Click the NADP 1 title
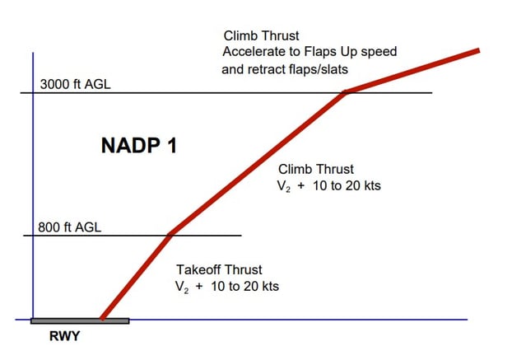click(138, 146)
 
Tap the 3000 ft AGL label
click(75, 85)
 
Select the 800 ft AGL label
click(70, 227)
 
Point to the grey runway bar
click(79, 320)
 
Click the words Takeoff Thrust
click(220, 269)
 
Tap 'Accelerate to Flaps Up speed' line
click(310, 52)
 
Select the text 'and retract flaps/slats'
click(285, 69)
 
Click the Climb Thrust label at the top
click(261, 36)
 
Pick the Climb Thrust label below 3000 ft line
click(316, 169)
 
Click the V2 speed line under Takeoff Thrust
click(228, 287)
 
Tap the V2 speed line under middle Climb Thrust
click(329, 186)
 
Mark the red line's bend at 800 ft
click(170, 235)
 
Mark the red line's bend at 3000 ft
click(347, 92)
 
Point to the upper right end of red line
click(478, 51)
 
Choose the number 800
click(49, 227)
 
